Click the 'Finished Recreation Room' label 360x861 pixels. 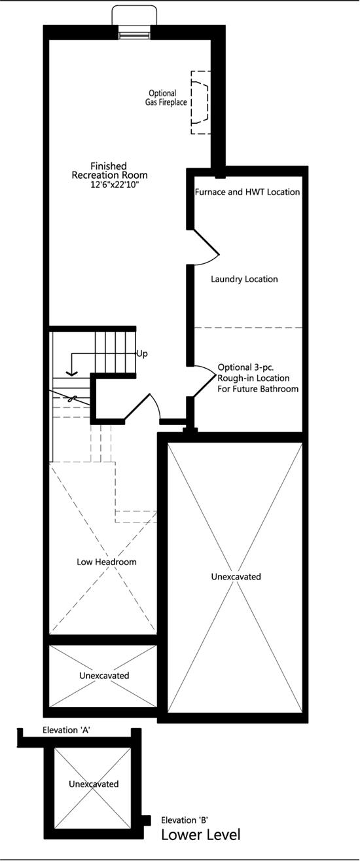pyautogui.click(x=109, y=171)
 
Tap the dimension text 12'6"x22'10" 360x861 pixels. pyautogui.click(x=115, y=185)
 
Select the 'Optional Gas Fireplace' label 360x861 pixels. pyautogui.click(x=166, y=98)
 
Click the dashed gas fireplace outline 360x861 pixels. pyautogui.click(x=200, y=102)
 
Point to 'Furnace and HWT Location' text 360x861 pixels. pyautogui.click(x=247, y=192)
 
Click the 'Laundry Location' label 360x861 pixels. pyautogui.click(x=244, y=279)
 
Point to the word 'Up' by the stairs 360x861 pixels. pyautogui.click(x=142, y=354)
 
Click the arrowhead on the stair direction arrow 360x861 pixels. pyautogui.click(x=71, y=373)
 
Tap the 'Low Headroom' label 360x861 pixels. pyautogui.click(x=107, y=562)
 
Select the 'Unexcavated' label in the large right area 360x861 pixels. pyautogui.click(x=236, y=577)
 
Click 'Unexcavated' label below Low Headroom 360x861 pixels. pyautogui.click(x=104, y=675)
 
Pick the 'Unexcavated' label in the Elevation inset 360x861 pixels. pyautogui.click(x=94, y=784)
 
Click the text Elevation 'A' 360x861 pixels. pyautogui.click(x=66, y=730)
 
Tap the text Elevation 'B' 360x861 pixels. pyautogui.click(x=185, y=820)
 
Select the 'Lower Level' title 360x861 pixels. pyautogui.click(x=201, y=835)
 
